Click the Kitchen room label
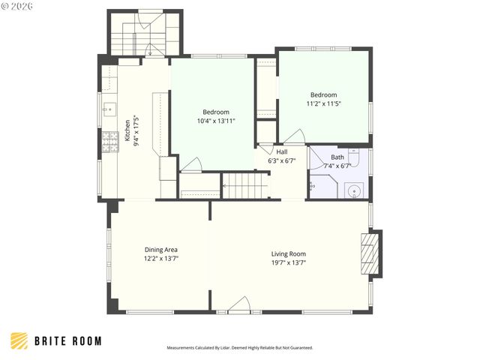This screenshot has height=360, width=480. pyautogui.click(x=127, y=130)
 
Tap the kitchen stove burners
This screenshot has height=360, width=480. pyautogui.click(x=110, y=140)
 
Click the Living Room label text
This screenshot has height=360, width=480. pyautogui.click(x=288, y=253)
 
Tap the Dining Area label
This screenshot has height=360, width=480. pyautogui.click(x=160, y=250)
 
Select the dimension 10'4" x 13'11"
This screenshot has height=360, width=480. pyautogui.click(x=216, y=121)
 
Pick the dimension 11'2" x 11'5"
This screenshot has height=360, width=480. pyautogui.click(x=325, y=103)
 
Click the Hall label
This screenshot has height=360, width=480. pyautogui.click(x=281, y=151)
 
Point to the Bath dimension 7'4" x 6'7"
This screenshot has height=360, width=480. pyautogui.click(x=337, y=166)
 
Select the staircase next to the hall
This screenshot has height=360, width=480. pyautogui.click(x=245, y=185)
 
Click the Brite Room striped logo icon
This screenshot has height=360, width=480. pyautogui.click(x=19, y=341)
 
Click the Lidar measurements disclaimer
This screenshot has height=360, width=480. pyautogui.click(x=239, y=348)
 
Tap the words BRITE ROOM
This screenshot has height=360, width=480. pyautogui.click(x=67, y=341)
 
